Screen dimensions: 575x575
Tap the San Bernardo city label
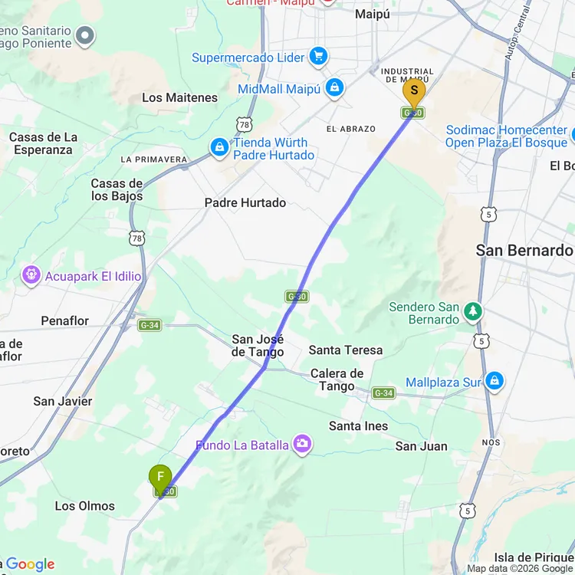pos(524,250)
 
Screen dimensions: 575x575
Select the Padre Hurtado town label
pos(245,202)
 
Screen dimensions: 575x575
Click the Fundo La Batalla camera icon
pos(303,445)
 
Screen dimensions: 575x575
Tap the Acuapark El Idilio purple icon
pos(31,274)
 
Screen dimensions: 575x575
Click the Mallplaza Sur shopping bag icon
pos(495,380)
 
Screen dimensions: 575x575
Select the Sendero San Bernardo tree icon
pos(473,312)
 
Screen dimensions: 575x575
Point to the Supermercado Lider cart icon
pos(319,57)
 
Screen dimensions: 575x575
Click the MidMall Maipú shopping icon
pos(333,89)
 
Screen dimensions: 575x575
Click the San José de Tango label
pos(258,346)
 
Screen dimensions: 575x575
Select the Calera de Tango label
pos(337,379)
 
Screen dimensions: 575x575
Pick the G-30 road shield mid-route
pos(297,296)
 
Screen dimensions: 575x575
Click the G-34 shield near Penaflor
pos(149,325)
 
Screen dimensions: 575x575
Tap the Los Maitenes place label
pos(180,97)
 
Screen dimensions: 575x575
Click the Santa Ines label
pos(358,426)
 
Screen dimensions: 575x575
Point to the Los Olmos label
pos(85,506)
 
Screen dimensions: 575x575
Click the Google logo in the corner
pos(31,564)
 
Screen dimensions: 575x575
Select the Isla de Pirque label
pos(534,557)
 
